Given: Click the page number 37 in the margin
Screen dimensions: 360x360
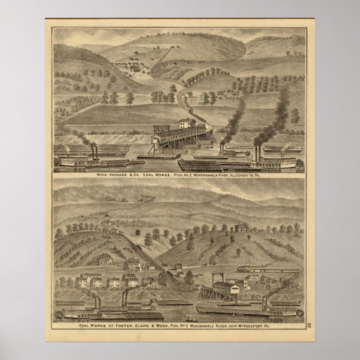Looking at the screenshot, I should (309, 324).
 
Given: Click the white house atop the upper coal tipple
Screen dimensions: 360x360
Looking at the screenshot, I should (184, 123).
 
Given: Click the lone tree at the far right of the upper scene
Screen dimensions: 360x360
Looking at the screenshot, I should (295, 116).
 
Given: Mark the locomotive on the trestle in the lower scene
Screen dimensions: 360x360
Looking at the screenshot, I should (245, 269).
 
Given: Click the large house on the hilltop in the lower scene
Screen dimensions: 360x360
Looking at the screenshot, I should (241, 228).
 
